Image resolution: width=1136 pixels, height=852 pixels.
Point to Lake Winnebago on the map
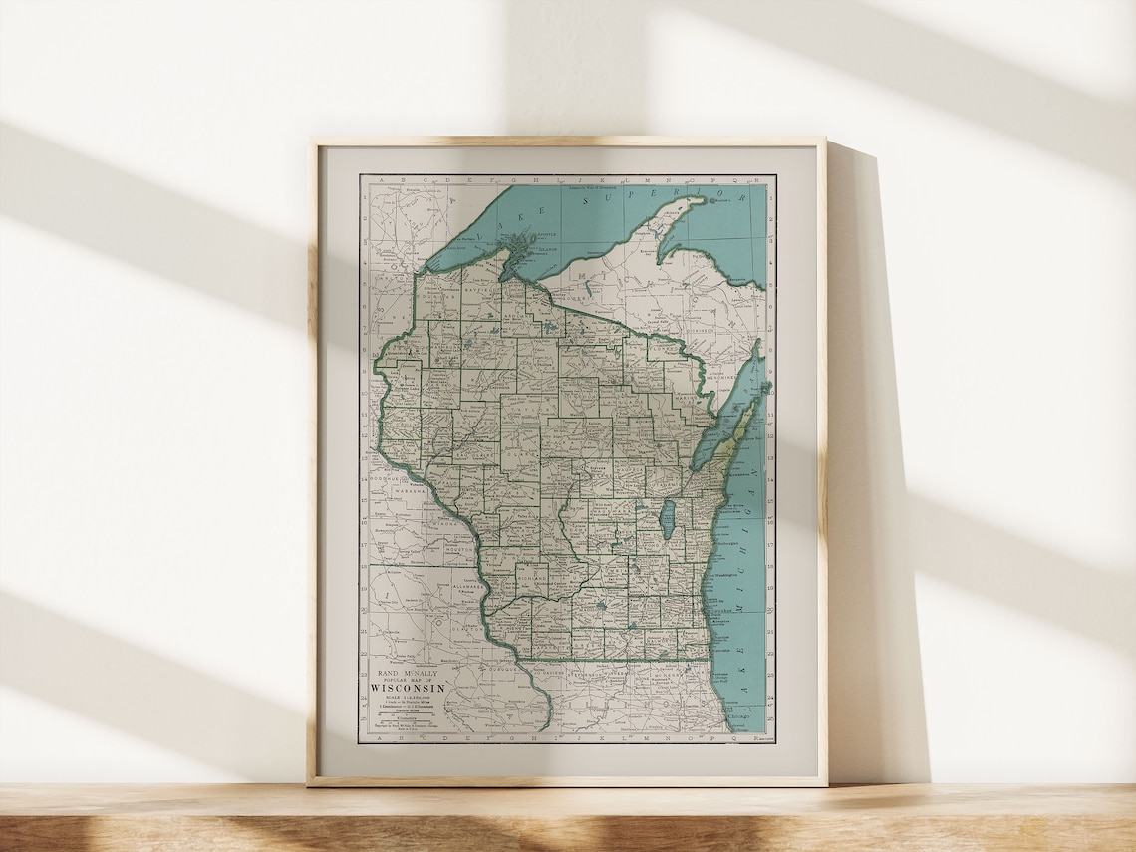(669, 518)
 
